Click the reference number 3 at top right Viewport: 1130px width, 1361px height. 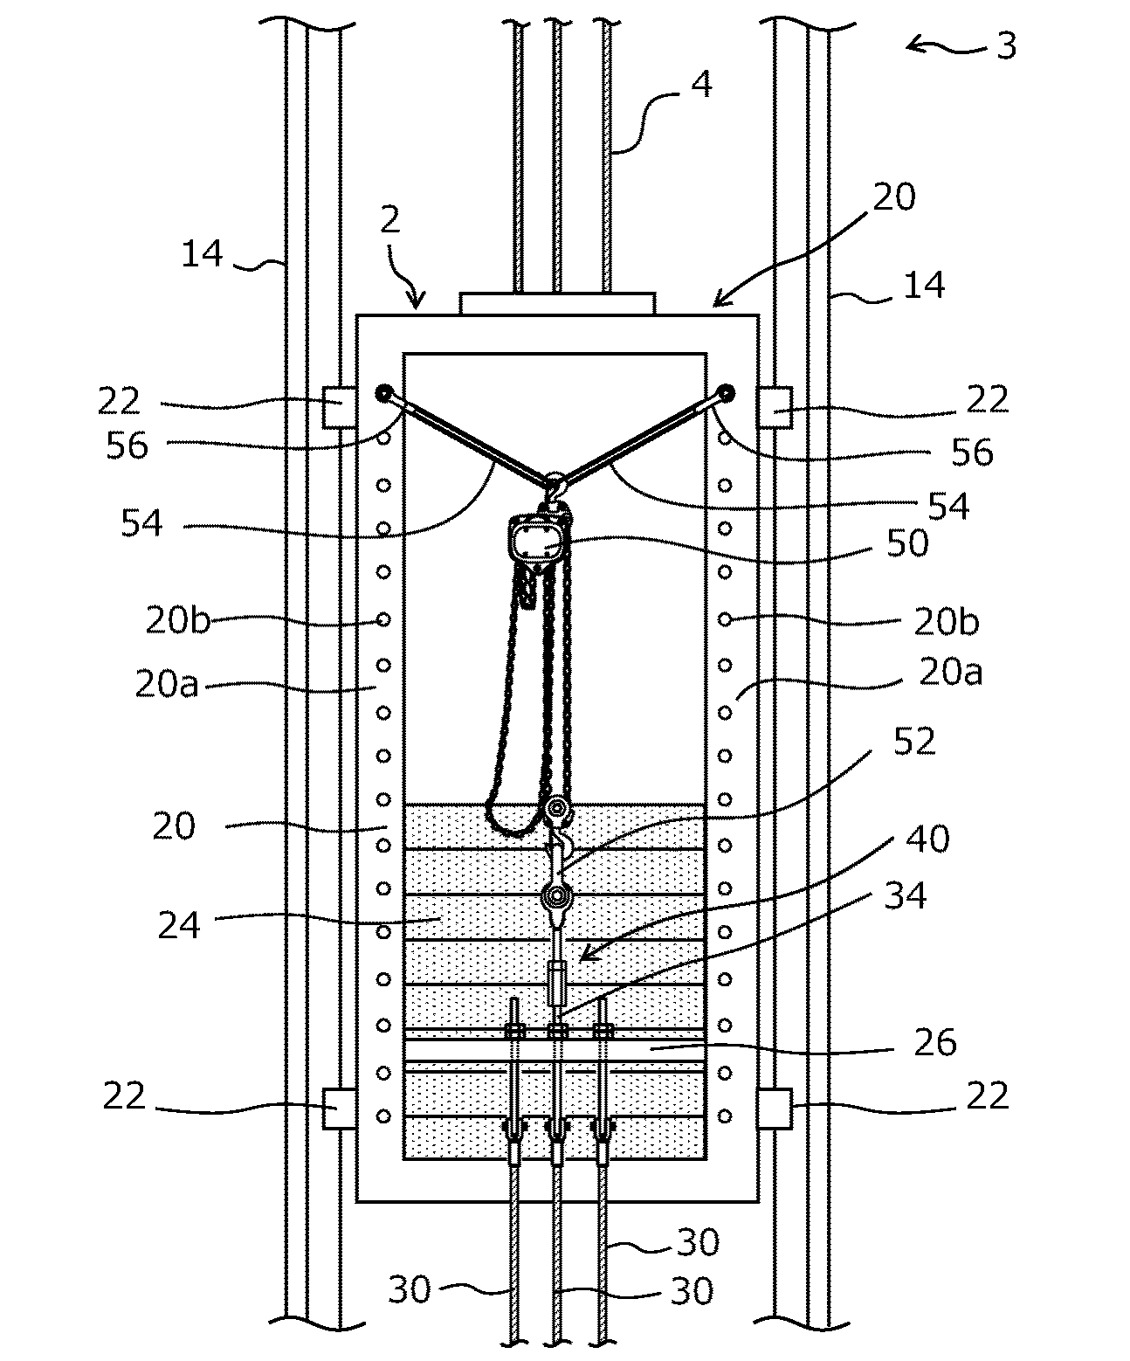(x=1006, y=45)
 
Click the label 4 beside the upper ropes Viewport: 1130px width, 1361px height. (x=700, y=85)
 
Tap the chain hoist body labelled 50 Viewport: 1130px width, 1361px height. (x=535, y=543)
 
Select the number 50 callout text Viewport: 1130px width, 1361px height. (x=906, y=543)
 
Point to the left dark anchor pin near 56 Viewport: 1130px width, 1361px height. (x=382, y=393)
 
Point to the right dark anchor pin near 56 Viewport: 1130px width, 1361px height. (x=726, y=393)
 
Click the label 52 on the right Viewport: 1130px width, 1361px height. (x=913, y=742)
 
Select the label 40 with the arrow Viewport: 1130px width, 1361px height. (x=927, y=839)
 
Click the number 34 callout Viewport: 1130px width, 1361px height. (x=905, y=895)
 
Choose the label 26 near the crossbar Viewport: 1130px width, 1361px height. (x=934, y=1042)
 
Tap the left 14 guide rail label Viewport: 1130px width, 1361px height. (x=202, y=255)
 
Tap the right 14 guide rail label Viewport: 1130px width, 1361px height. (x=924, y=286)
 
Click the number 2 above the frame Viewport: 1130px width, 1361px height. (x=389, y=220)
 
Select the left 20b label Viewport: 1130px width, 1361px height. (x=177, y=621)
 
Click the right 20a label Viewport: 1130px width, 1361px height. (x=950, y=673)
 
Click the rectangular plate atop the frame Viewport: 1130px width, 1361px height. (x=556, y=304)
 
